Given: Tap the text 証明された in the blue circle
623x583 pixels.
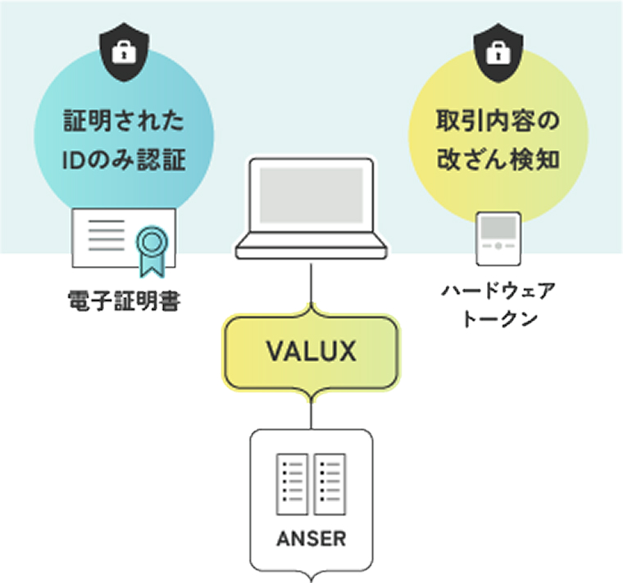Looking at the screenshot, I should click(x=123, y=124).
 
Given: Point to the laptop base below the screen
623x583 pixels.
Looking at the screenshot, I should click(x=311, y=246).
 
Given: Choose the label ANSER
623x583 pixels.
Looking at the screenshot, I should click(x=311, y=540).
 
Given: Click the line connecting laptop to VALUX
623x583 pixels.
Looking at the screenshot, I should click(x=311, y=282).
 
